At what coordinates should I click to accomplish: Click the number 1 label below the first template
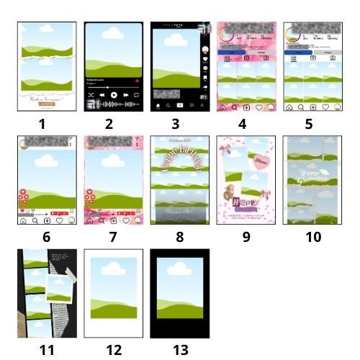[x=41, y=123]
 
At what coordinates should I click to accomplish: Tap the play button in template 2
[x=114, y=95]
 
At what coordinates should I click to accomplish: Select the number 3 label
[x=176, y=123]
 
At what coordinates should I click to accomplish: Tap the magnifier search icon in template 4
[x=233, y=107]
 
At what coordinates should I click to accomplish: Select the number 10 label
[x=312, y=235]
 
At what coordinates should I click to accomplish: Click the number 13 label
[x=179, y=350]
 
